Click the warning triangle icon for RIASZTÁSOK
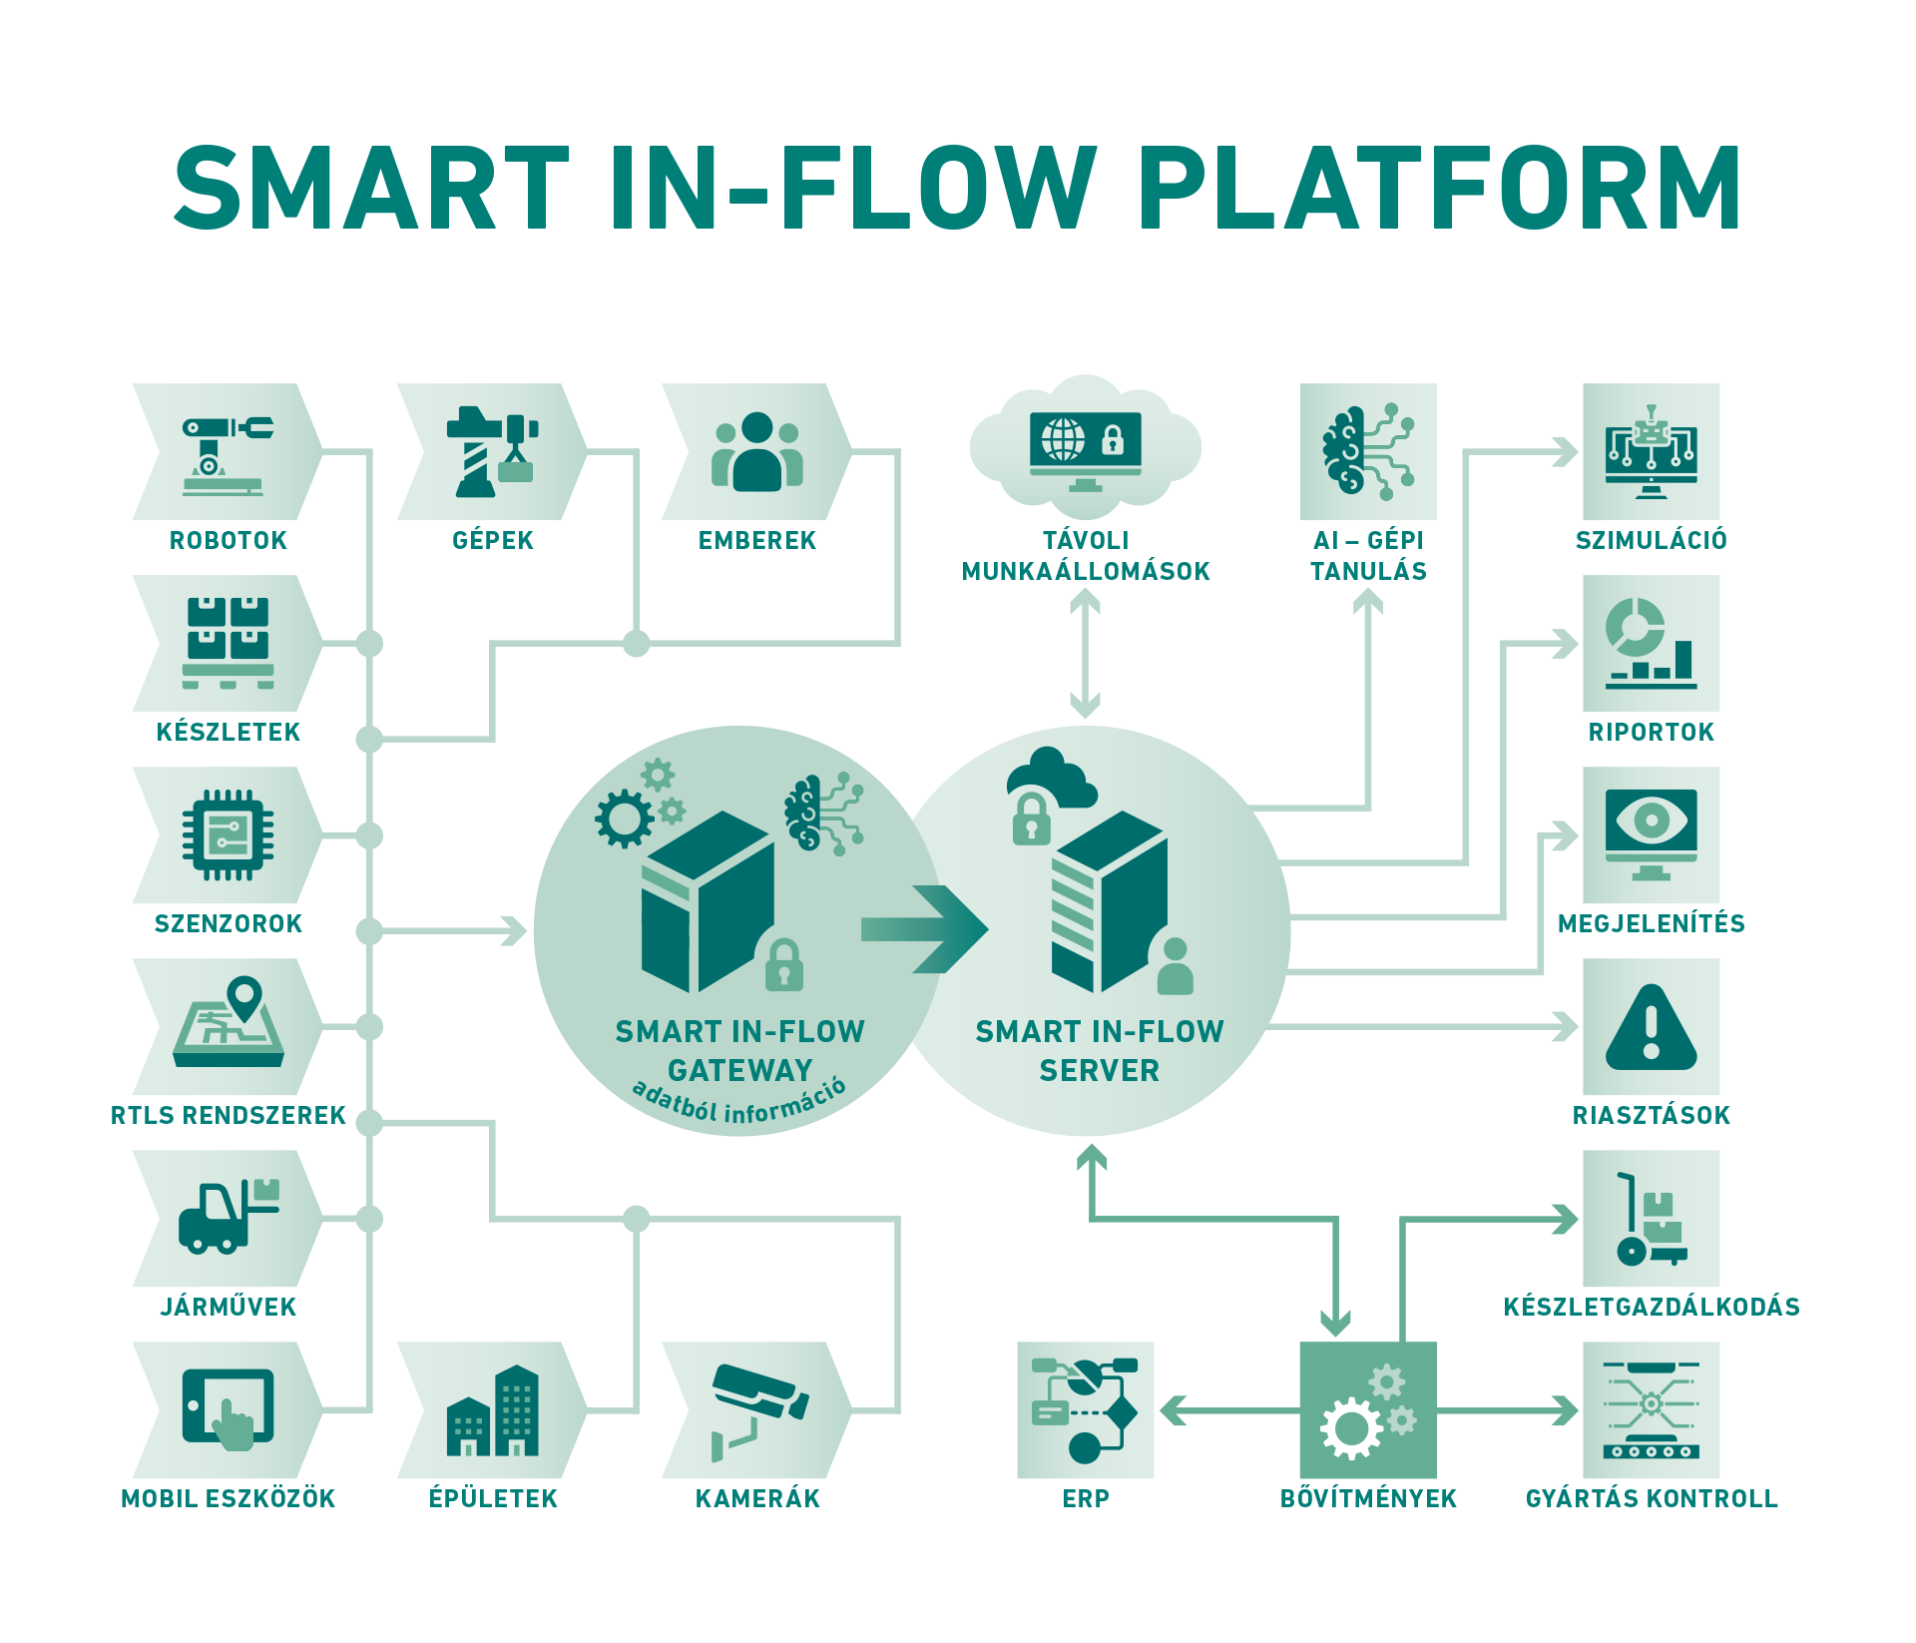click(x=1651, y=1027)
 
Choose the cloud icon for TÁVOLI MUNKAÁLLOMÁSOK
click(x=1086, y=443)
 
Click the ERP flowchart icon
click(x=1085, y=1410)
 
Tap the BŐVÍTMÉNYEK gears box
click(x=1368, y=1410)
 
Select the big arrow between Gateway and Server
click(x=923, y=929)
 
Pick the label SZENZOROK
click(x=229, y=923)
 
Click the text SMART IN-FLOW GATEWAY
click(x=739, y=1050)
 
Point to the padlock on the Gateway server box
click(x=784, y=965)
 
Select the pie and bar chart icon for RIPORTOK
click(x=1651, y=644)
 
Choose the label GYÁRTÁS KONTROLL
click(x=1651, y=1497)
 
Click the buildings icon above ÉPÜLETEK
click(x=493, y=1410)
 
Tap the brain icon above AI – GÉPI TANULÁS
click(x=1368, y=452)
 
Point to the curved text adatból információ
click(x=739, y=1102)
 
